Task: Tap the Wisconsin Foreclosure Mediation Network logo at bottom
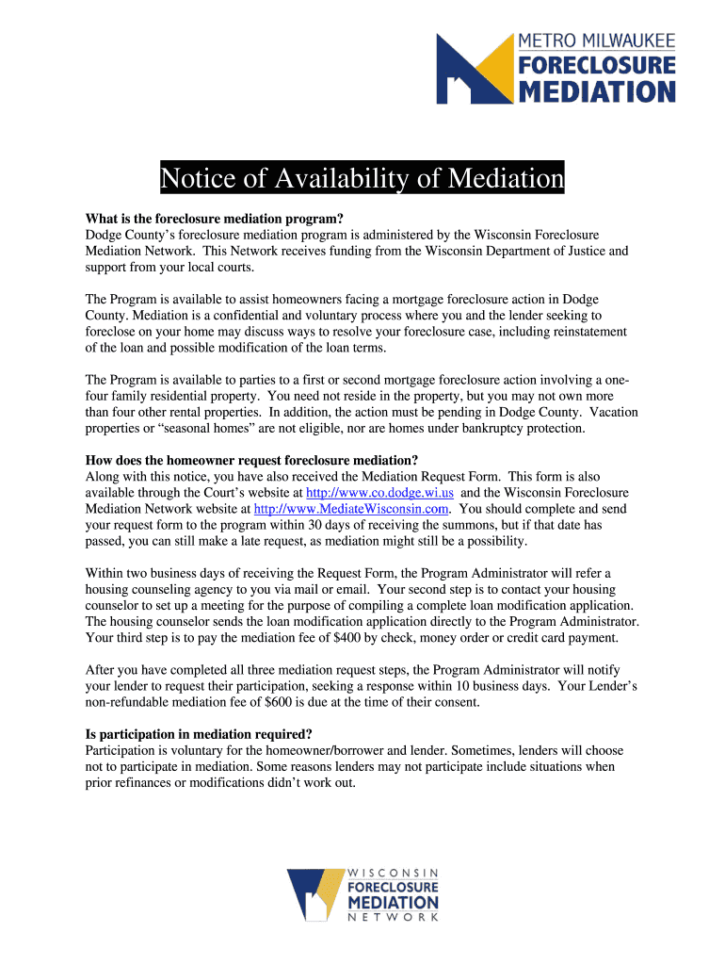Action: coord(362,894)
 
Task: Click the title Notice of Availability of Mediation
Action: coord(362,177)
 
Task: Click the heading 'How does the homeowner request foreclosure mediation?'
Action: coord(251,461)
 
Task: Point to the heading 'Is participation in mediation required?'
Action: coord(199,734)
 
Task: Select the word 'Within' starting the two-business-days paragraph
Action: coord(103,573)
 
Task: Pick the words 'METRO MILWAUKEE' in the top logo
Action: coord(597,42)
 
